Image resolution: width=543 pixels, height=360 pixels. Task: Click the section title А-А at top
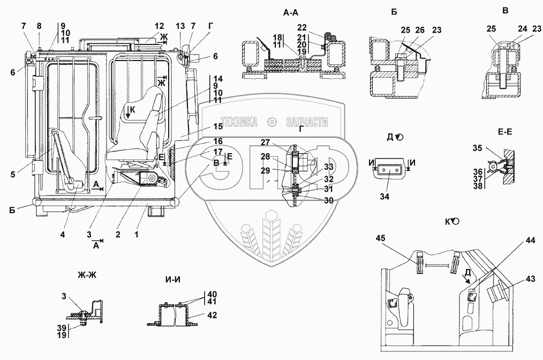(291, 13)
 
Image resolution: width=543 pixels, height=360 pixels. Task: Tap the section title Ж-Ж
(87, 275)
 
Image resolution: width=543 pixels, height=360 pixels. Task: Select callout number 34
(384, 197)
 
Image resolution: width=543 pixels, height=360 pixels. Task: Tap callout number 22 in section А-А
(302, 27)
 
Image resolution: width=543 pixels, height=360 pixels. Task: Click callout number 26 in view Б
(420, 30)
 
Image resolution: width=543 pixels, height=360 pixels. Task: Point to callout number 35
(478, 148)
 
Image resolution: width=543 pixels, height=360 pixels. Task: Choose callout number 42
(212, 315)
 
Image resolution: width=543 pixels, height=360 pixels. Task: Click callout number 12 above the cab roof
(159, 26)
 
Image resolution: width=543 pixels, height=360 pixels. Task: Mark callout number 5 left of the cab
(13, 174)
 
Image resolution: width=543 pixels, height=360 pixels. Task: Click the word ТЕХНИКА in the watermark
(239, 122)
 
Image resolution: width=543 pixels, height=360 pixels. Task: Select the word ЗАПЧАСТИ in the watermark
(307, 122)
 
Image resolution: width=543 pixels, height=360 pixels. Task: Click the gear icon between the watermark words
(272, 122)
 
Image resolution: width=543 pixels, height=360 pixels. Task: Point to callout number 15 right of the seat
(218, 126)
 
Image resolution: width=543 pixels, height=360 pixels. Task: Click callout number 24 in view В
(522, 29)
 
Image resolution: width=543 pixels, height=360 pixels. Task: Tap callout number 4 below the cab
(62, 235)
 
